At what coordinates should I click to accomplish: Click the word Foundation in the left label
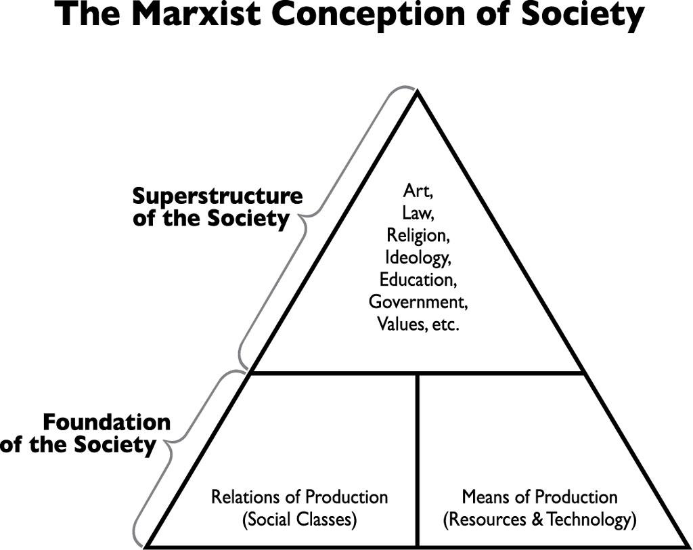click(x=107, y=422)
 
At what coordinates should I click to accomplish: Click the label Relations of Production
click(x=299, y=497)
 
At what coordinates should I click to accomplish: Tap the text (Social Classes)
click(x=299, y=520)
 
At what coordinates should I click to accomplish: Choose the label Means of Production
click(x=539, y=497)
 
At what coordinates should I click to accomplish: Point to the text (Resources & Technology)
click(x=539, y=520)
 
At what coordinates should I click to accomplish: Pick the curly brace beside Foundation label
click(x=173, y=447)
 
